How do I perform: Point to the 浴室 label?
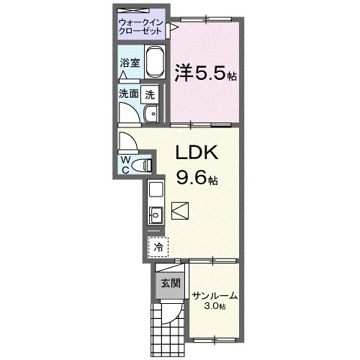(x=129, y=63)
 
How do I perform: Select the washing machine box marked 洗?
(x=149, y=93)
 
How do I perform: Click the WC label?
(x=125, y=164)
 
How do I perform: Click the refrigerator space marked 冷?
(x=157, y=246)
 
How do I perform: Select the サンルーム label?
(x=214, y=296)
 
